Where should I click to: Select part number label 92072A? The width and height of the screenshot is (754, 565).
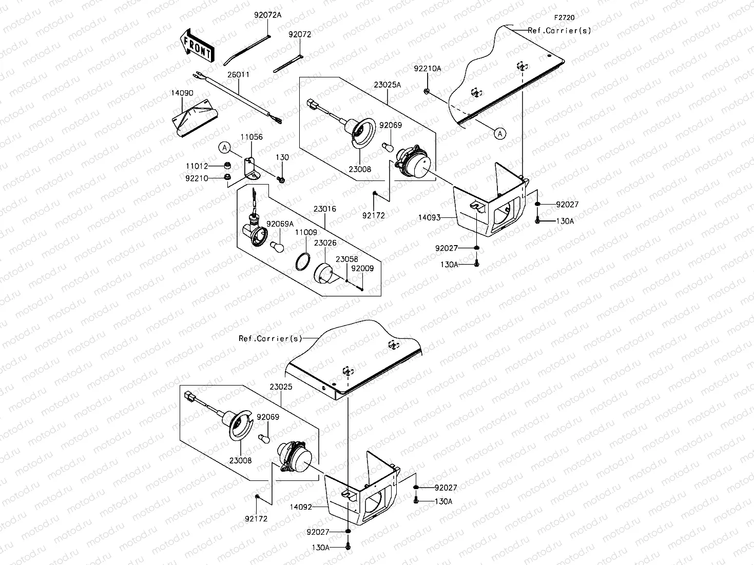click(268, 15)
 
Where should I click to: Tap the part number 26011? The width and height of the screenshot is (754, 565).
click(239, 74)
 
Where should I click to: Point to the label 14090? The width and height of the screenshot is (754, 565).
click(182, 93)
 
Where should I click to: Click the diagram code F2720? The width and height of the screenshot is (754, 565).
click(564, 17)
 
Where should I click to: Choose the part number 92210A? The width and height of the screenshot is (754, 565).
click(428, 68)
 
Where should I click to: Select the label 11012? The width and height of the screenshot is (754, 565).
click(198, 166)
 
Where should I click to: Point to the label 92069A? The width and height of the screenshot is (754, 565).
click(280, 224)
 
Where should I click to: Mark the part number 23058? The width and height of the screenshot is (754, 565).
click(347, 259)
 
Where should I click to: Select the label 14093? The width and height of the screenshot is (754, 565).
click(429, 217)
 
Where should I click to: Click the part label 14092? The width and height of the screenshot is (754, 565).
click(301, 507)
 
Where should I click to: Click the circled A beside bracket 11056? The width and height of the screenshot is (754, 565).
click(224, 148)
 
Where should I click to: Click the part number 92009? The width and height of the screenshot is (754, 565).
click(363, 268)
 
